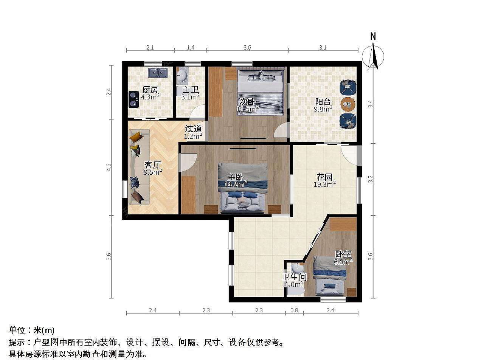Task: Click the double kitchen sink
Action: (x=157, y=73)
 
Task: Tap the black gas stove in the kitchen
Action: (x=133, y=99)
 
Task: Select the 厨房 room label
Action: (x=150, y=90)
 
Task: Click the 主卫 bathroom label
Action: (x=191, y=90)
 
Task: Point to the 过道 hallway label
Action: (x=193, y=129)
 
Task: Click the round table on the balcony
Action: (x=348, y=104)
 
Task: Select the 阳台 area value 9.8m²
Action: (x=323, y=109)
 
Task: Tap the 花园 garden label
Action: (x=324, y=177)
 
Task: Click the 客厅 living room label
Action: (x=153, y=164)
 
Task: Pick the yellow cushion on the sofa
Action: (x=135, y=137)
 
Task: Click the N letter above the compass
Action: (x=373, y=36)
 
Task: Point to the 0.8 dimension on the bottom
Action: (x=294, y=310)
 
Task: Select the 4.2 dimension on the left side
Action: (x=109, y=167)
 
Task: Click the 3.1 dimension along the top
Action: (x=323, y=47)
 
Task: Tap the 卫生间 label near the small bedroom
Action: (x=294, y=277)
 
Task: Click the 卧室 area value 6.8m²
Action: (x=343, y=262)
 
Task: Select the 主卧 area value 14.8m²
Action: (x=235, y=184)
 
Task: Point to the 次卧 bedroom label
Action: (x=248, y=102)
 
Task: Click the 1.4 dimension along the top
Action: (x=191, y=47)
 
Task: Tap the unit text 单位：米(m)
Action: (x=31, y=330)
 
